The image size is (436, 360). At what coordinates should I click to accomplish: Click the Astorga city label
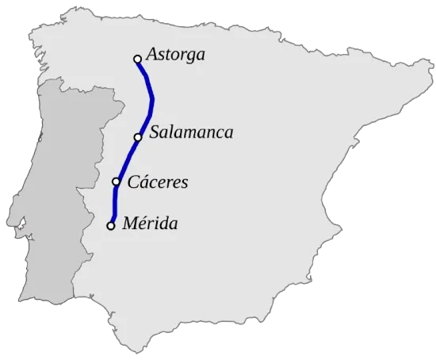[x=176, y=56]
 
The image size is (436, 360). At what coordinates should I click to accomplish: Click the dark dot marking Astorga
[x=137, y=59]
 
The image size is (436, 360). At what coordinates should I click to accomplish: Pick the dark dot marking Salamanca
[x=138, y=137]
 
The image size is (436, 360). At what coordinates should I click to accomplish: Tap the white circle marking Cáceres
[x=117, y=182]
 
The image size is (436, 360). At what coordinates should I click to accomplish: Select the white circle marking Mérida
[x=111, y=226]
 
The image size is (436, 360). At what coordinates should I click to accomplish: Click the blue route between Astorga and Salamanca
[x=152, y=99]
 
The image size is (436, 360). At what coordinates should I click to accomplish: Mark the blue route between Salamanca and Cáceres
[x=127, y=159]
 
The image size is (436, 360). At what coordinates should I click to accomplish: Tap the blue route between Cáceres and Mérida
[x=114, y=205]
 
